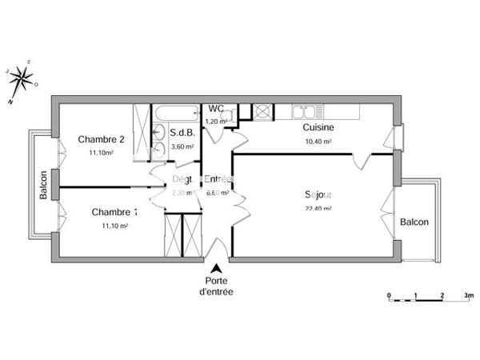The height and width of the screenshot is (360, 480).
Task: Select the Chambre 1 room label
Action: [x=114, y=213]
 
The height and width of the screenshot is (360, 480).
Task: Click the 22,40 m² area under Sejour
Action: [x=318, y=209]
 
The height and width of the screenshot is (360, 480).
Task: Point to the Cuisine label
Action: [x=318, y=128]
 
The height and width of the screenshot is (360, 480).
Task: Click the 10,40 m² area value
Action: [x=318, y=142]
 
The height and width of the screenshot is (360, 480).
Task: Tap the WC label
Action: [x=216, y=109]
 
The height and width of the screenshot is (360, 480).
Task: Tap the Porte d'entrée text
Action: [x=216, y=286]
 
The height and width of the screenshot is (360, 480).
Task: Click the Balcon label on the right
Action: [x=414, y=222]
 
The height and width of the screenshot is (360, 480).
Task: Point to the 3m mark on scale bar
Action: [x=469, y=295]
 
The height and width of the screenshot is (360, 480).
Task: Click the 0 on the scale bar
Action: [x=389, y=295]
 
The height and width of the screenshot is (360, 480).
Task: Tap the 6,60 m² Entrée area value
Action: [x=218, y=193]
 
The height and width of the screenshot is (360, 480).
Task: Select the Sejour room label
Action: [x=318, y=194]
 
